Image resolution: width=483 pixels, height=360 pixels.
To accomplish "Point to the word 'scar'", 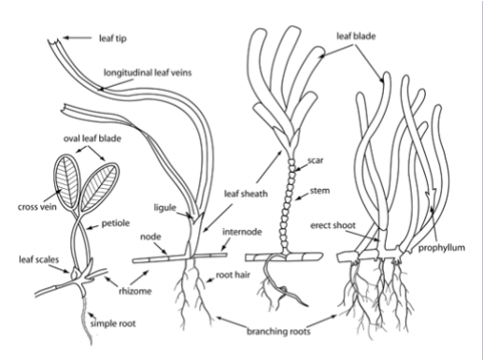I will (314, 160).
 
